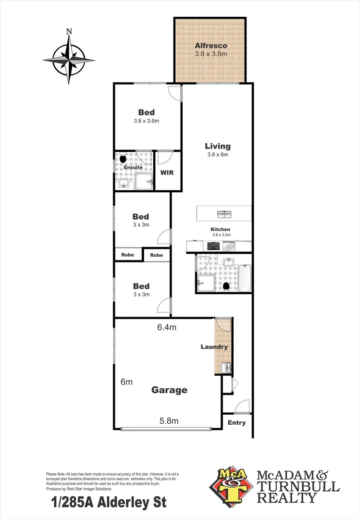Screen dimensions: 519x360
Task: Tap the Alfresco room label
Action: click(x=211, y=46)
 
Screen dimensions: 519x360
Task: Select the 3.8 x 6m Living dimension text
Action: click(x=218, y=155)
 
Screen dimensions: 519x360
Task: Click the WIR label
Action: click(x=167, y=172)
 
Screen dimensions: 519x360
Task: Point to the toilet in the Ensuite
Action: click(x=123, y=159)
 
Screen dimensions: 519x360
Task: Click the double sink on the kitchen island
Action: click(x=223, y=214)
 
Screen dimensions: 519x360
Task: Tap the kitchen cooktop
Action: click(x=213, y=246)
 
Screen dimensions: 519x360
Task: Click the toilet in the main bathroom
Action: click(x=226, y=286)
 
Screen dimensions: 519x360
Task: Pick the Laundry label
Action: click(x=214, y=346)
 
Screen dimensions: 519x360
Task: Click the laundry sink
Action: click(x=226, y=369)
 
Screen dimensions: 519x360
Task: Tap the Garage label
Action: click(x=169, y=390)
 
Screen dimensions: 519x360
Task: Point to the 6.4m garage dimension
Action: click(x=167, y=328)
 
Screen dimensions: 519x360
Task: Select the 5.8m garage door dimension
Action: click(x=169, y=421)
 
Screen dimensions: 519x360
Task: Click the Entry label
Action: click(x=236, y=423)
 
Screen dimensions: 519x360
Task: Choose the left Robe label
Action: click(x=127, y=255)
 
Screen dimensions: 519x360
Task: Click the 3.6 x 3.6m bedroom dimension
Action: click(x=147, y=121)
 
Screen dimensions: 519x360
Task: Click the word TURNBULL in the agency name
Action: click(x=298, y=486)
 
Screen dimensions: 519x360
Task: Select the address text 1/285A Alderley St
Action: click(x=108, y=504)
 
